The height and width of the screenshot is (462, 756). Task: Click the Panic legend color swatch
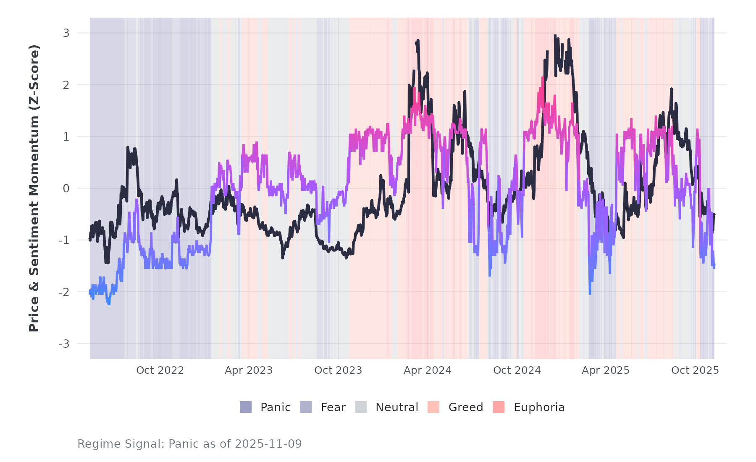tap(246, 407)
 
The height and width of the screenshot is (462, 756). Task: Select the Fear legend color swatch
tap(306, 407)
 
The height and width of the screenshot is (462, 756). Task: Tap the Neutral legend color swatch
tap(361, 407)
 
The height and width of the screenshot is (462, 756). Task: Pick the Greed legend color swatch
tap(433, 407)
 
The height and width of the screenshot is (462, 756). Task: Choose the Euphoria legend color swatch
tap(499, 407)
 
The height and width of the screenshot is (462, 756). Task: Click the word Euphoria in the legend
tap(539, 407)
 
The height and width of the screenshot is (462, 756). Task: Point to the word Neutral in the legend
tap(396, 407)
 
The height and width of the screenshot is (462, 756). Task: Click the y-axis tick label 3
tap(66, 33)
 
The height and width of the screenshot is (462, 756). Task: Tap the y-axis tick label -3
tap(64, 344)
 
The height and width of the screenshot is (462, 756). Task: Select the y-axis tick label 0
tap(66, 189)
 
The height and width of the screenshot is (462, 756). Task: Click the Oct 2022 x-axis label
tap(160, 370)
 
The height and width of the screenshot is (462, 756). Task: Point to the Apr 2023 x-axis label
tap(249, 370)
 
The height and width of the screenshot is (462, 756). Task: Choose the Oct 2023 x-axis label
tap(338, 370)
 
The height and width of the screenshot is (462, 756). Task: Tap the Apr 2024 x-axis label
tap(428, 370)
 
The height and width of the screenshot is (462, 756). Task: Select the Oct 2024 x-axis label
tap(517, 370)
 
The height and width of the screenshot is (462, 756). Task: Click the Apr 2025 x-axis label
tap(606, 370)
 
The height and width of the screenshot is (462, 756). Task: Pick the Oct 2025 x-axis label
tap(695, 370)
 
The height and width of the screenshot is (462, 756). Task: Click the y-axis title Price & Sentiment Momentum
tap(34, 188)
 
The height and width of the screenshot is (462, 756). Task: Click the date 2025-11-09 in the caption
tap(268, 444)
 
